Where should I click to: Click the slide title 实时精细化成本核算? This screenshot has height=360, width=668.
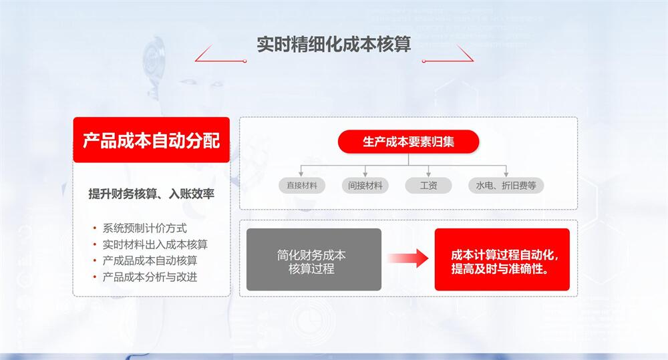click(x=333, y=44)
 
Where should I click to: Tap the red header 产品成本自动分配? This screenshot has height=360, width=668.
click(x=151, y=140)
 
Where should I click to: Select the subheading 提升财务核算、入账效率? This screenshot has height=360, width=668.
click(x=151, y=194)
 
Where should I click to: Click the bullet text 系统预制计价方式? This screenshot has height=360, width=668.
click(x=144, y=228)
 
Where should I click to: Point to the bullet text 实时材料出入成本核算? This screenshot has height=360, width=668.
click(x=155, y=244)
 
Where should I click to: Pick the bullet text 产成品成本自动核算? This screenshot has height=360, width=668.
click(x=150, y=260)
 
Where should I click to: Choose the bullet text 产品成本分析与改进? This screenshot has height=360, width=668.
click(x=150, y=277)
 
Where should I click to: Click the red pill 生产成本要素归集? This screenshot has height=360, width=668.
click(x=408, y=142)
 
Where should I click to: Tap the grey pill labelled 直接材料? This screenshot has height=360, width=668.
click(x=302, y=186)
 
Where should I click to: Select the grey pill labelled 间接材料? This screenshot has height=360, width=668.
click(x=365, y=186)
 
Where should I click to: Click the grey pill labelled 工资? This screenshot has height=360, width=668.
click(x=428, y=186)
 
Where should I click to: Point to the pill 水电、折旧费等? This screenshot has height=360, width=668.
click(x=506, y=186)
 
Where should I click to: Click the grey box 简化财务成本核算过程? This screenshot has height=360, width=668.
click(x=314, y=259)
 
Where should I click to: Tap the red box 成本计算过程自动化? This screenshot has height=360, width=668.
click(x=502, y=259)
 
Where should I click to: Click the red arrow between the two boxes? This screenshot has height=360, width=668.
click(x=407, y=258)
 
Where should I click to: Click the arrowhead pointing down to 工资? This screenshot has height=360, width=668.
click(x=428, y=175)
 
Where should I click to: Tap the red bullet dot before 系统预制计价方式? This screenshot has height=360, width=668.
click(x=95, y=228)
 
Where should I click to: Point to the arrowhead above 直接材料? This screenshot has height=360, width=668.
click(x=301, y=175)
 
